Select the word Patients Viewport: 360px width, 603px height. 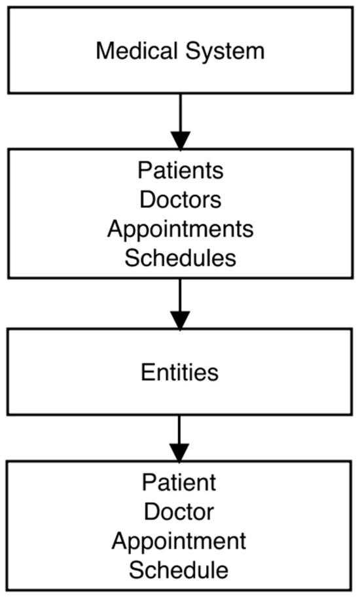(180, 171)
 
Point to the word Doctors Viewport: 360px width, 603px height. (180, 199)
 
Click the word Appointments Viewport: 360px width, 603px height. (180, 229)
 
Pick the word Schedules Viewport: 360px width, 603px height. (180, 258)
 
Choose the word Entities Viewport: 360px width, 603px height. (180, 372)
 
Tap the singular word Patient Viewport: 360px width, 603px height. (180, 483)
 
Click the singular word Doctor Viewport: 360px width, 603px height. (180, 512)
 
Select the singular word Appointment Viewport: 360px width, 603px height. (180, 542)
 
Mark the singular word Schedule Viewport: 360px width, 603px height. (180, 570)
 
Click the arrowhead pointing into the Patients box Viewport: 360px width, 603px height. (180, 140)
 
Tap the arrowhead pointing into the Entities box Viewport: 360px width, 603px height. (180, 320)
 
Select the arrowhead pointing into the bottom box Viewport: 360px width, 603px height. (180, 452)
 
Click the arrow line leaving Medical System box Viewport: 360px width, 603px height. (180, 111)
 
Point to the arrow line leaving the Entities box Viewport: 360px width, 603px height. (180, 428)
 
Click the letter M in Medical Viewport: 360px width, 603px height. (103, 50)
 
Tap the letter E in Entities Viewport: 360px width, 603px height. (146, 372)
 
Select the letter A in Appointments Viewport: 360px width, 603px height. (115, 229)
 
